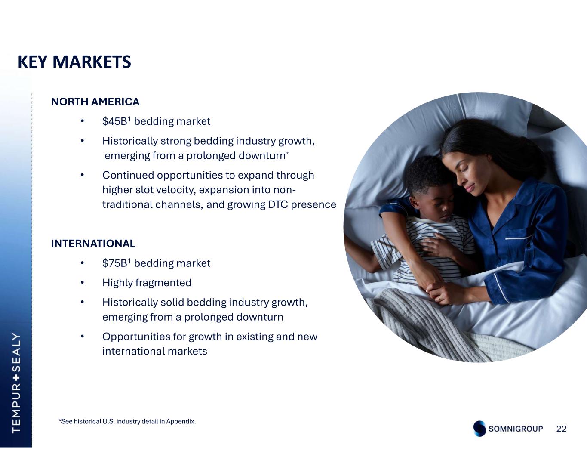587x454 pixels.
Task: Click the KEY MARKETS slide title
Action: (x=74, y=62)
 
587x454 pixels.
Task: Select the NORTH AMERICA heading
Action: (x=95, y=102)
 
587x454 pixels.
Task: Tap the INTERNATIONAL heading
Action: (x=93, y=244)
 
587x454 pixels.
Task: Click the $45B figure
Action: (x=114, y=121)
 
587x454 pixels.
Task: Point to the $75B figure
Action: (x=114, y=263)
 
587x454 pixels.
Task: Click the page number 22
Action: (x=561, y=429)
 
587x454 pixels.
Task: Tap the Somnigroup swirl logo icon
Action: (x=479, y=429)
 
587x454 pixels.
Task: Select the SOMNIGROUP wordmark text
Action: (x=516, y=429)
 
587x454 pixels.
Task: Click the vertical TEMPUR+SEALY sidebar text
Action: (x=16, y=383)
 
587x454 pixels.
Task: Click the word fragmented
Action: (x=163, y=283)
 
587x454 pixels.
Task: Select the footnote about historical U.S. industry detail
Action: (x=127, y=421)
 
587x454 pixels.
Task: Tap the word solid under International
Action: (x=172, y=303)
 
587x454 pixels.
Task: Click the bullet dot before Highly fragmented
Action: (x=83, y=283)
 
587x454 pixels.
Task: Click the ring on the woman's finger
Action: (x=440, y=299)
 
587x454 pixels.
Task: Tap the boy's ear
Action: (x=413, y=202)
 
